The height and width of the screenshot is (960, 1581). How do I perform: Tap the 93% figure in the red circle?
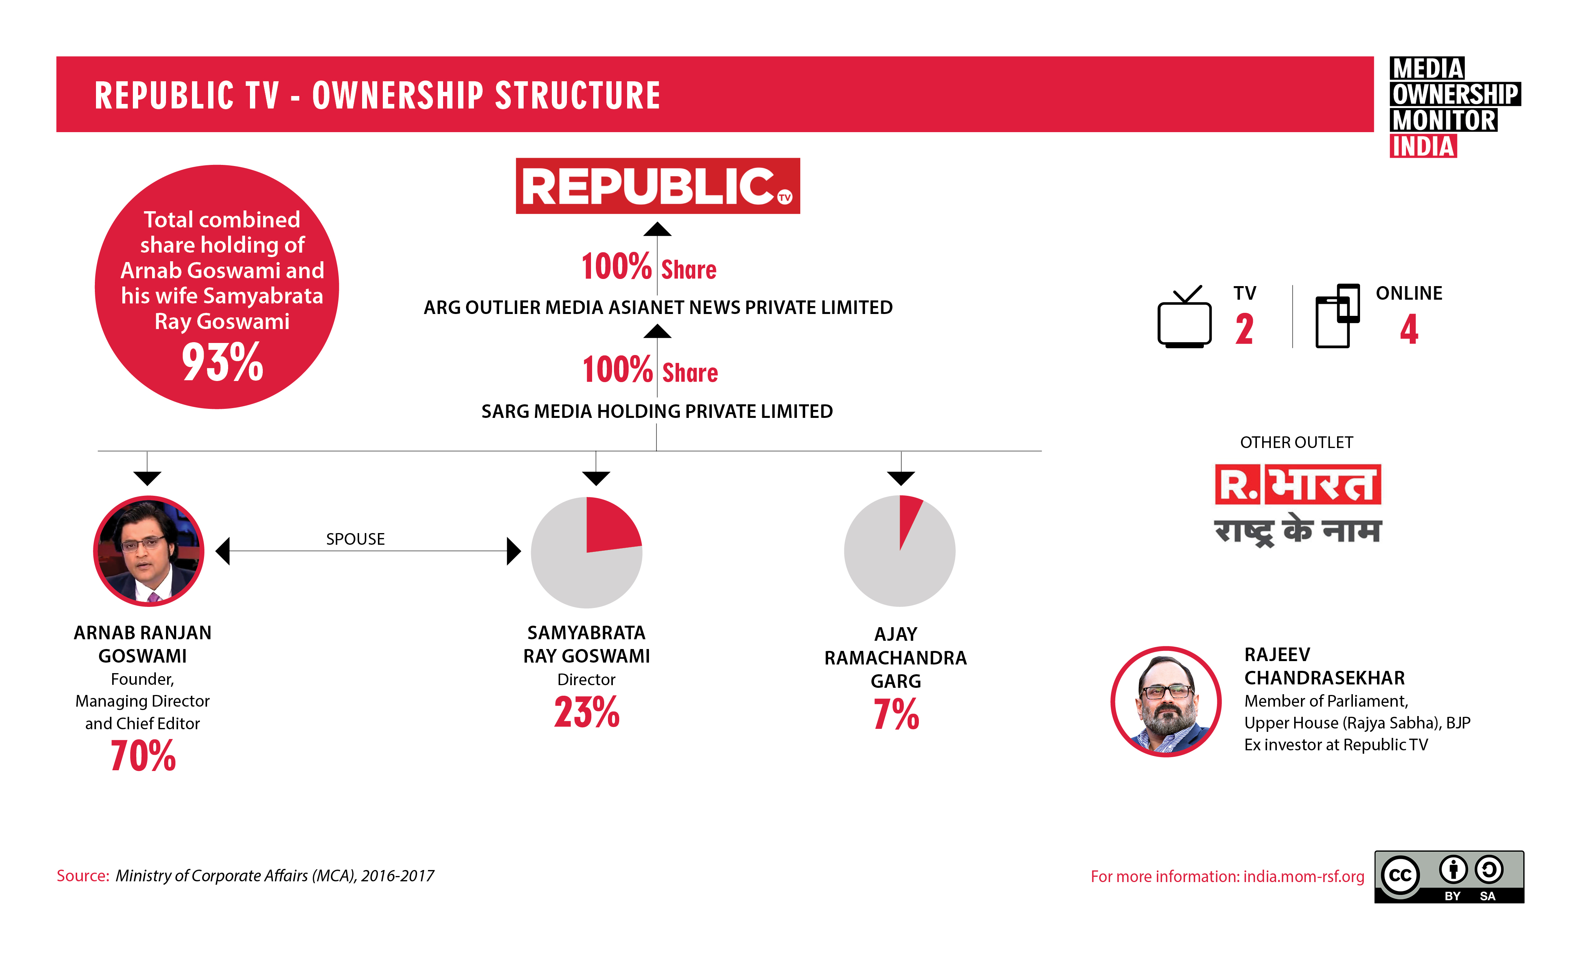point(222,363)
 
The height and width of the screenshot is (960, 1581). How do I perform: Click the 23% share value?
point(586,712)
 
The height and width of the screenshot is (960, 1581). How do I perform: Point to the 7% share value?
point(896,714)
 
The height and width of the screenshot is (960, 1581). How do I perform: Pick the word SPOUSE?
point(355,539)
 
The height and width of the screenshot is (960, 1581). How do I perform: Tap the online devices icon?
point(1337,316)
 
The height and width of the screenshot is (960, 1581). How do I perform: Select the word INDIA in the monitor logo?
point(1423,146)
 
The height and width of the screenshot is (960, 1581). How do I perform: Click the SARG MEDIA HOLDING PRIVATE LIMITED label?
point(656,411)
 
